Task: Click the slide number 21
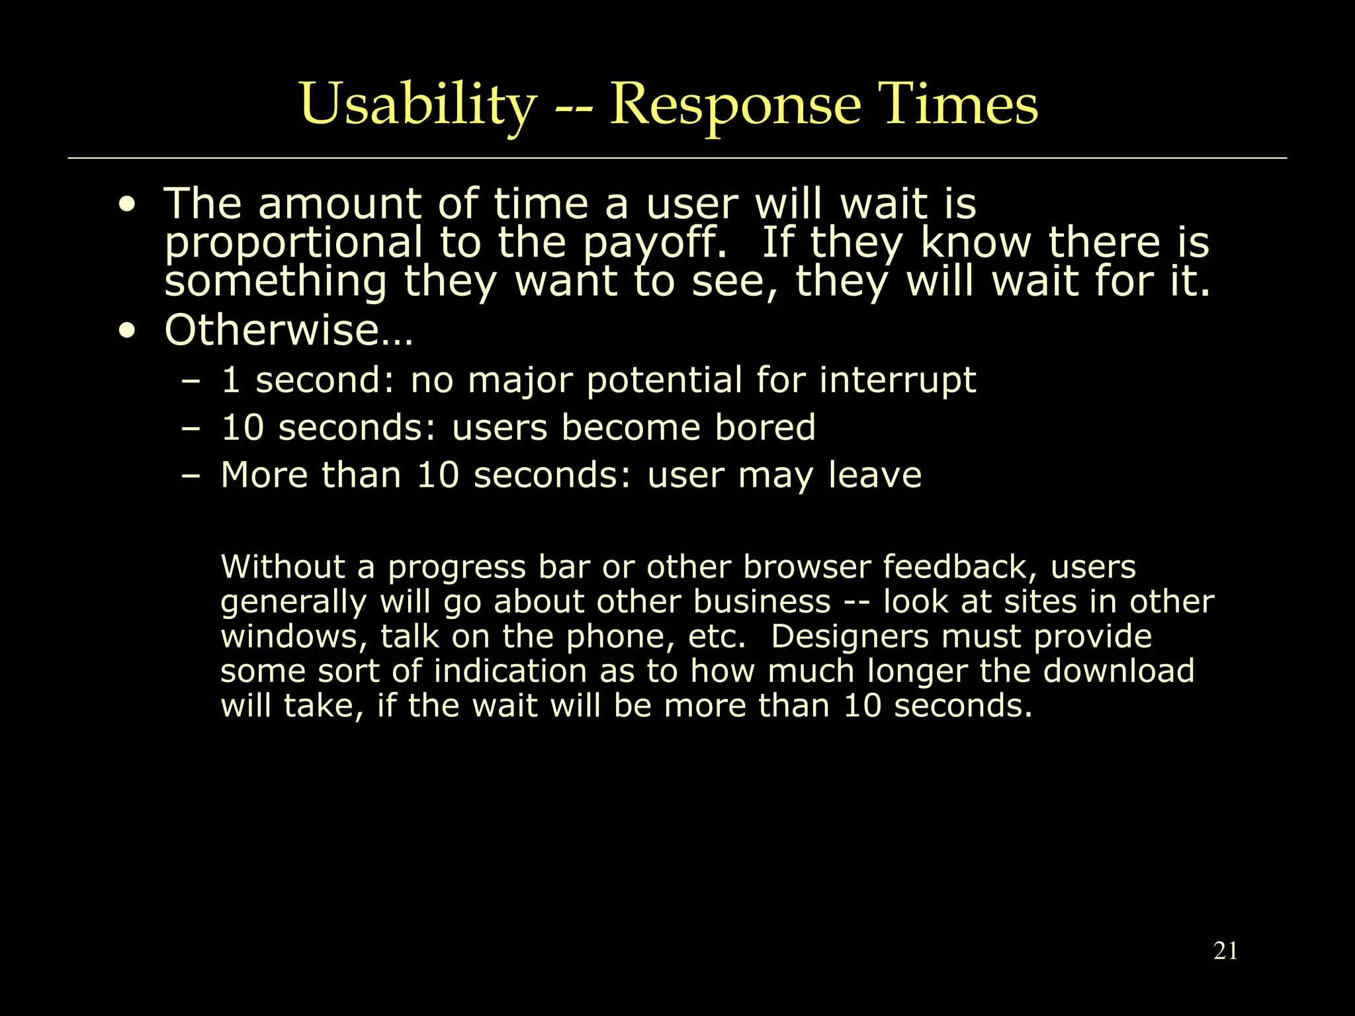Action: tap(1225, 951)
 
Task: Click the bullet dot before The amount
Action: tap(126, 205)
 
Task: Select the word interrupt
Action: tap(897, 380)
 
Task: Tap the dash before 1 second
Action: tap(191, 382)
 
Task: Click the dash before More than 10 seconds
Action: tap(191, 476)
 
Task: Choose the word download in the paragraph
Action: tap(1118, 671)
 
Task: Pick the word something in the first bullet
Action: tap(275, 281)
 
